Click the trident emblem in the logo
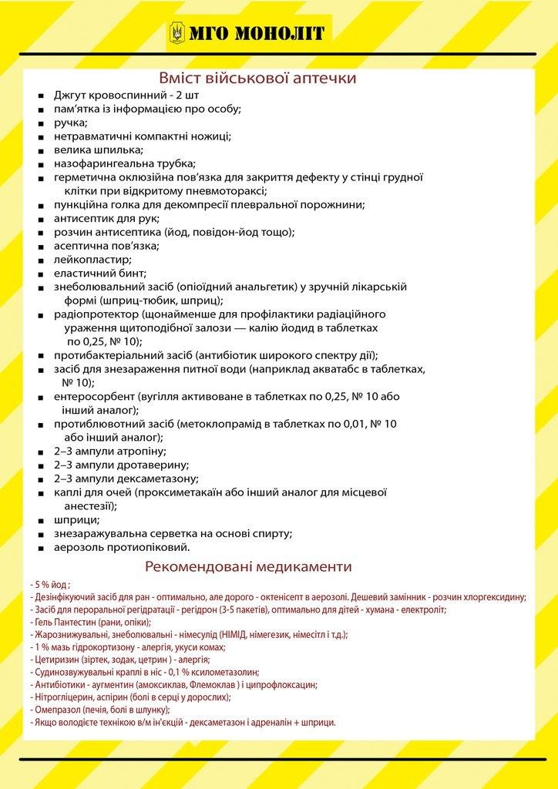coord(178,32)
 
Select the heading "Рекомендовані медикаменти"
coord(248,567)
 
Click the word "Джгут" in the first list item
coord(71,95)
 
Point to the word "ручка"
coord(69,123)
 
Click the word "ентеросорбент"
coord(95,396)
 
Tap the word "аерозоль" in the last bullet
coord(79,547)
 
